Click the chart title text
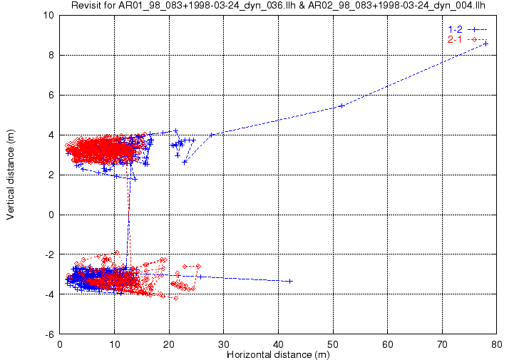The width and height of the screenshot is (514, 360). pyautogui.click(x=278, y=5)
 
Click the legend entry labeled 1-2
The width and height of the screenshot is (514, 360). pyautogui.click(x=468, y=29)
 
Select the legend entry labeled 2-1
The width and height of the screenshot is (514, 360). pyautogui.click(x=468, y=40)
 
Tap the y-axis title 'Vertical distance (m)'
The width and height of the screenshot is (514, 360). pyautogui.click(x=11, y=175)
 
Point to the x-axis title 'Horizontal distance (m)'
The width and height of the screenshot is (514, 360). pyautogui.click(x=278, y=354)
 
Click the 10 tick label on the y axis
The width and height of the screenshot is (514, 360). pyautogui.click(x=48, y=15)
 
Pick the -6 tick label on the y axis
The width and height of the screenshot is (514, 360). pyautogui.click(x=50, y=334)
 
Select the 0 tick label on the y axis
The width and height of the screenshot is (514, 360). pyautogui.click(x=51, y=215)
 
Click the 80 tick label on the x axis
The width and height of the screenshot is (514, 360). pyautogui.click(x=497, y=344)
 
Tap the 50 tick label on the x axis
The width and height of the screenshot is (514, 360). pyautogui.click(x=333, y=344)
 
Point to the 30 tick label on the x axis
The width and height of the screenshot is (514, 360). pyautogui.click(x=224, y=344)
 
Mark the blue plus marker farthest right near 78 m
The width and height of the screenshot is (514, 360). pyautogui.click(x=485, y=43)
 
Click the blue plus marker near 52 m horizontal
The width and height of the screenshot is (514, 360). pyautogui.click(x=342, y=106)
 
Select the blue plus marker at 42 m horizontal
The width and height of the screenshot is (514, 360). pyautogui.click(x=289, y=281)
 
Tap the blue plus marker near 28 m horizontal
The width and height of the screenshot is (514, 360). pyautogui.click(x=212, y=135)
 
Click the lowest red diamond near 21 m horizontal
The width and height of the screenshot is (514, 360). pyautogui.click(x=176, y=298)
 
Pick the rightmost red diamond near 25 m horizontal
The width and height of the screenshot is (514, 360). pyautogui.click(x=198, y=266)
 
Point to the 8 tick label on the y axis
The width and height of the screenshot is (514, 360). pyautogui.click(x=51, y=55)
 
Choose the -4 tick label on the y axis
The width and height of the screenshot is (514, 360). pyautogui.click(x=50, y=294)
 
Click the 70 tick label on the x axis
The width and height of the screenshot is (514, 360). pyautogui.click(x=442, y=344)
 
